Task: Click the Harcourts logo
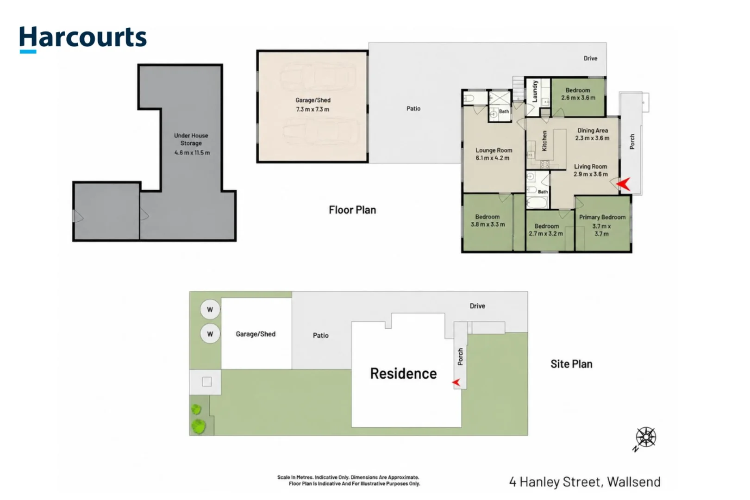click(x=83, y=39)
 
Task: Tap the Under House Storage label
click(x=191, y=139)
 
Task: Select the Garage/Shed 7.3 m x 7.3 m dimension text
click(x=312, y=109)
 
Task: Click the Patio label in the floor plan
click(x=413, y=108)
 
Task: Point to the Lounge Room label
click(x=494, y=150)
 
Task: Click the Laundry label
click(x=535, y=91)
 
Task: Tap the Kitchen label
click(x=544, y=141)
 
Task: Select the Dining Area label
click(x=593, y=130)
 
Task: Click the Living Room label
click(x=591, y=167)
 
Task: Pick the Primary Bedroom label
click(x=602, y=217)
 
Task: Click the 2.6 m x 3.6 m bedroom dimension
click(x=578, y=98)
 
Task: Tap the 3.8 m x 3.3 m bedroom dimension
click(x=487, y=225)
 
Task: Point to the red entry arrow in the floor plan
click(x=624, y=184)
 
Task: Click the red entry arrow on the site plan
click(x=456, y=382)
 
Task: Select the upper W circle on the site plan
click(x=210, y=309)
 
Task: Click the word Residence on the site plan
click(x=403, y=374)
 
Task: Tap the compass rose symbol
click(x=646, y=437)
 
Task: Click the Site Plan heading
click(x=572, y=364)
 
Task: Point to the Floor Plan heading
click(x=352, y=210)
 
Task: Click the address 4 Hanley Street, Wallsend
click(x=585, y=482)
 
